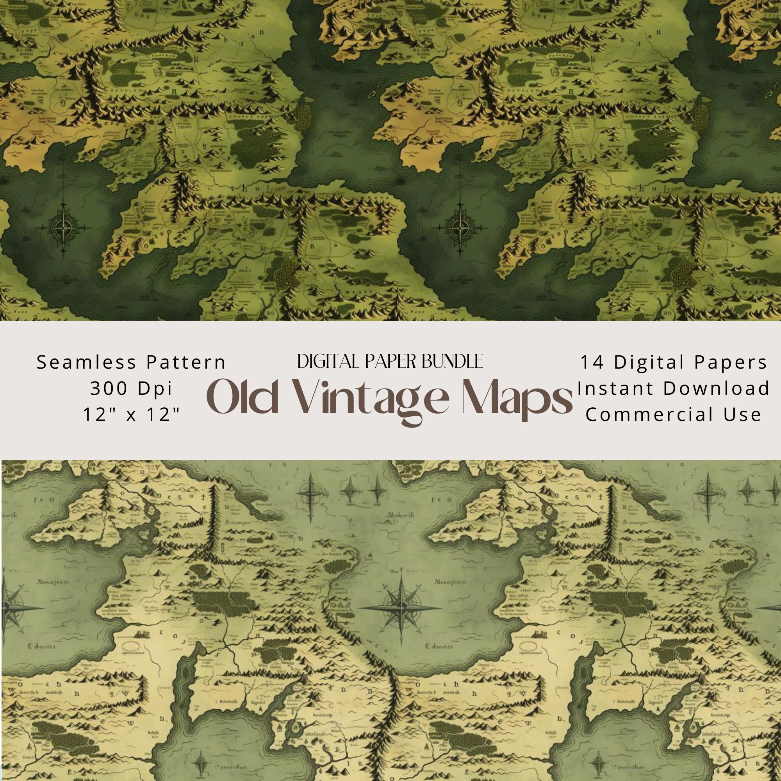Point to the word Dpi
155,389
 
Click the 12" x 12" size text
131,414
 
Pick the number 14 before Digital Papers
592,362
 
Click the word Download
716,389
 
